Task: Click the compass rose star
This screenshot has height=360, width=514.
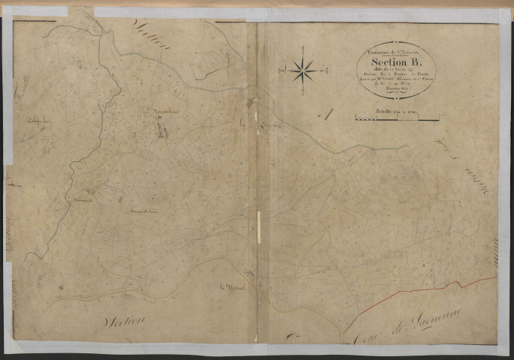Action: [x=304, y=71]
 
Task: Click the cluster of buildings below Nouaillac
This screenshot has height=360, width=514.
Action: [x=161, y=130]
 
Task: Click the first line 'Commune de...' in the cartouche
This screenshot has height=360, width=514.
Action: [x=395, y=49]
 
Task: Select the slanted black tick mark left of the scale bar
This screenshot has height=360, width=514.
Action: [x=324, y=114]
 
